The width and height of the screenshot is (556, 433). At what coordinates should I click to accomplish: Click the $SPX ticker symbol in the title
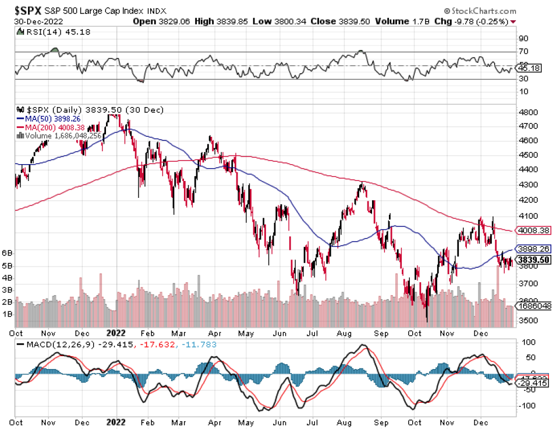29,10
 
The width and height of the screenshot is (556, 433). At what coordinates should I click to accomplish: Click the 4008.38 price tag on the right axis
534,231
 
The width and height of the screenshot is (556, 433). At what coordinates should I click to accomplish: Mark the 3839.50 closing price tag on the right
534,260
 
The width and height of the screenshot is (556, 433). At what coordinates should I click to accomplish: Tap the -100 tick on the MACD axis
527,404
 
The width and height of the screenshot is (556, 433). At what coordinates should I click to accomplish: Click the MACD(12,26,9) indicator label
57,345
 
